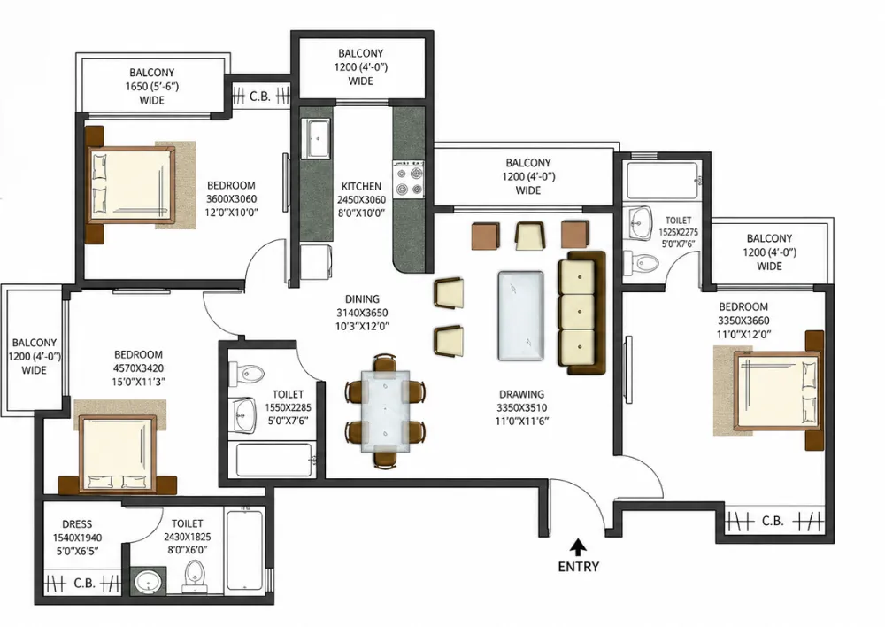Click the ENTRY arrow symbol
click(577, 546)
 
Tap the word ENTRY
click(579, 567)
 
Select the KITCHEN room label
click(361, 186)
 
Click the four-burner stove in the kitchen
click(409, 180)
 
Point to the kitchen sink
click(316, 138)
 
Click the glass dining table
click(385, 411)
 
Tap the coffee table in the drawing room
click(521, 315)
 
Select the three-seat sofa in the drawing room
click(581, 313)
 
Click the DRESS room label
click(77, 524)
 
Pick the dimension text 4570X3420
click(138, 368)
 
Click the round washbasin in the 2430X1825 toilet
click(149, 580)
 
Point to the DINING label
click(362, 298)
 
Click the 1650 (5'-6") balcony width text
click(152, 87)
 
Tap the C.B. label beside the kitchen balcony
click(260, 97)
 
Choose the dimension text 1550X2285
click(288, 407)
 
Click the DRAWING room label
click(521, 394)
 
